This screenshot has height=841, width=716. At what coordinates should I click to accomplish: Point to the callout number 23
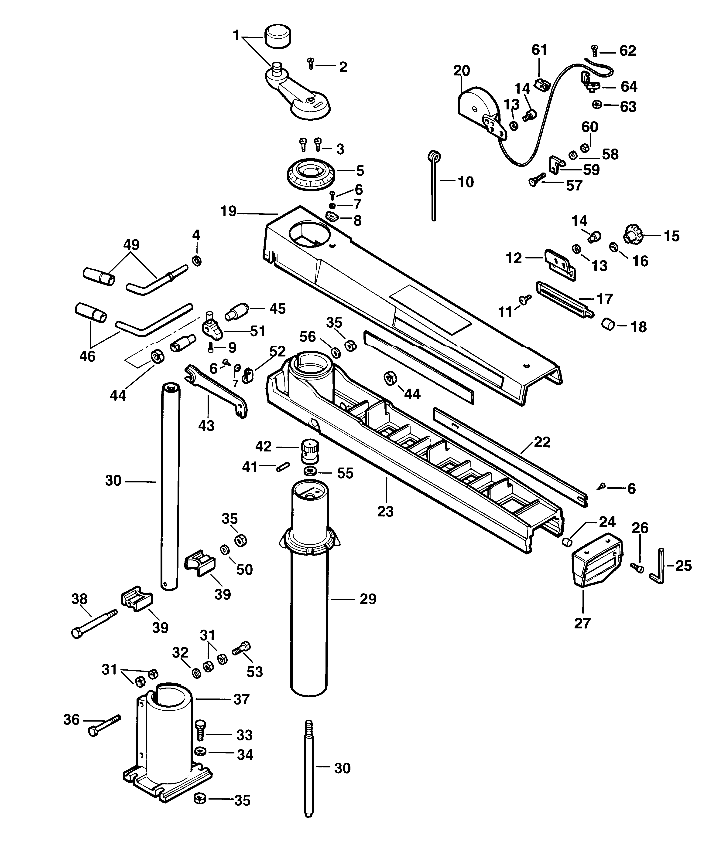(x=385, y=512)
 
